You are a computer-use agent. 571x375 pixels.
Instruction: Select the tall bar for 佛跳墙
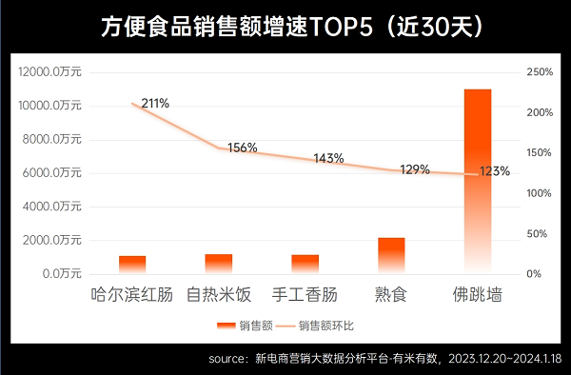pos(477,181)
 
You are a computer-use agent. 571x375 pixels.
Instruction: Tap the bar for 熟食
pos(391,255)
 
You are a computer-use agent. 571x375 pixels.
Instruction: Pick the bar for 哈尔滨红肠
pos(132,264)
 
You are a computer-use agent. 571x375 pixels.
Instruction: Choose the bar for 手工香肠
pos(305,264)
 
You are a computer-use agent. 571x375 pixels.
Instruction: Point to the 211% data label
pos(154,103)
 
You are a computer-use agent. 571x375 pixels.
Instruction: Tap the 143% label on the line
pos(328,159)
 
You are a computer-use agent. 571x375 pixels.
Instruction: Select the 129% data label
pos(414,169)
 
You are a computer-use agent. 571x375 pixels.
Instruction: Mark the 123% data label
pos(495,172)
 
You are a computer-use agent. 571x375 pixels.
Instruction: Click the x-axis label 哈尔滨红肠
pos(132,295)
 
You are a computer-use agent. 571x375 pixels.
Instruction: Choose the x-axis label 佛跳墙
pos(477,295)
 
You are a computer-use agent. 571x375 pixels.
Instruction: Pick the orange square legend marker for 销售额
pos(226,326)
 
